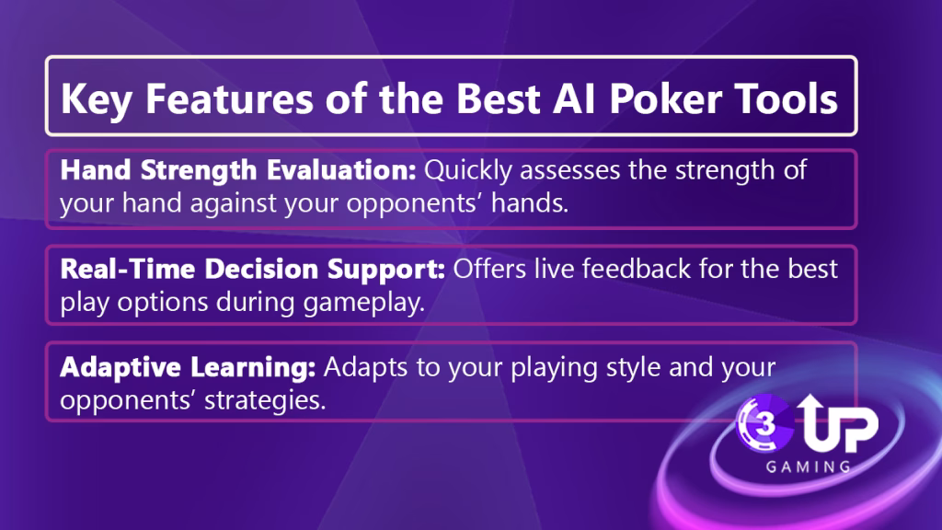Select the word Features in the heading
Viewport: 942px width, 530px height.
229,98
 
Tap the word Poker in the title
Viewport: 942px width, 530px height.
665,98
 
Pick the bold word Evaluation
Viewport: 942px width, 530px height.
341,170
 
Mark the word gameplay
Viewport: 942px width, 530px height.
363,303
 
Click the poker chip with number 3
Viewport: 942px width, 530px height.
764,423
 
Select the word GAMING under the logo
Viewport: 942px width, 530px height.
808,467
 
